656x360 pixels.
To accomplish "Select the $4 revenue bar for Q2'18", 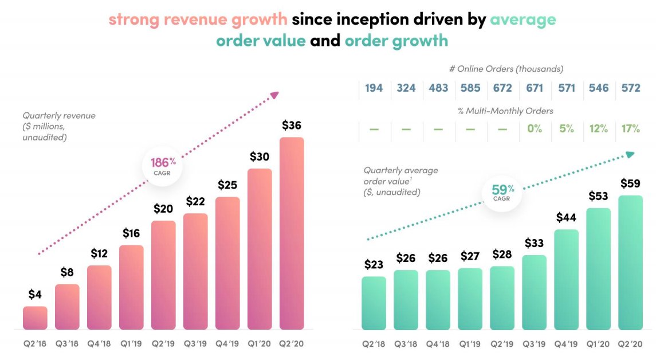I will pos(35,318).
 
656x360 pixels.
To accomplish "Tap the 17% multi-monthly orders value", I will pos(631,129).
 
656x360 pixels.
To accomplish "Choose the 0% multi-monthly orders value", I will pos(535,129).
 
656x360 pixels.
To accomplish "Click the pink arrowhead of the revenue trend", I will pos(274,95).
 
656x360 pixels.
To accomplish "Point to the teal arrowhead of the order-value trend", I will pos(630,154).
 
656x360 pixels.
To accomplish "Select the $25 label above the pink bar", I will pos(227,185).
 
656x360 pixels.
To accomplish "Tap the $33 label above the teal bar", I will pos(535,242).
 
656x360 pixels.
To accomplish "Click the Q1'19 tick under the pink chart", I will pos(131,345).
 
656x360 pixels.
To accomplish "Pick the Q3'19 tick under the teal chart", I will pos(535,345).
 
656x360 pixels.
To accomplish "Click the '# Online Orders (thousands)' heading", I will pos(506,69).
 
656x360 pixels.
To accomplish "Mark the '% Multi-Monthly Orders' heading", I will pos(506,111).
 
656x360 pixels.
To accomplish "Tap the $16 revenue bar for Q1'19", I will pos(131,287).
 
